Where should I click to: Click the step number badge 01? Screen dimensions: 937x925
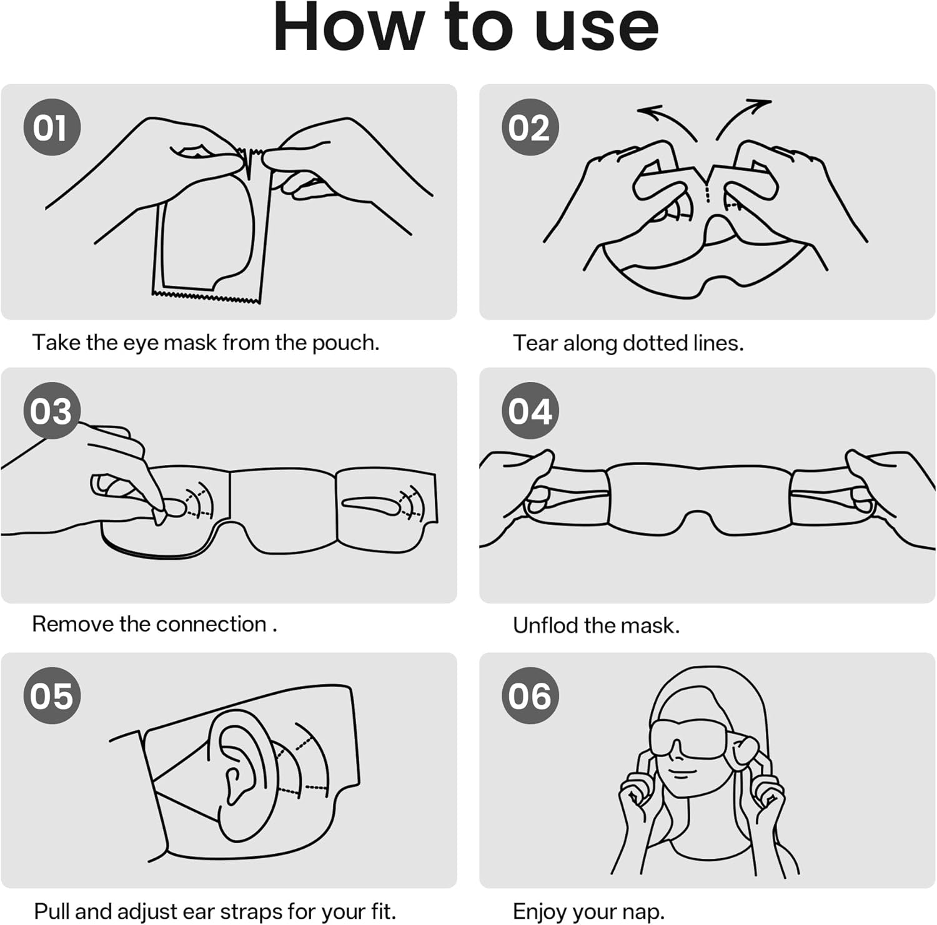click(x=52, y=127)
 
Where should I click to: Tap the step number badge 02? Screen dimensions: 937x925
click(x=530, y=127)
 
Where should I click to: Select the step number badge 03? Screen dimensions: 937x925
click(x=52, y=411)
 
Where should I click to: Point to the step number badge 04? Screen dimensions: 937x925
click(x=530, y=411)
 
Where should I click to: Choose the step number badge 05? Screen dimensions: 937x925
click(x=52, y=695)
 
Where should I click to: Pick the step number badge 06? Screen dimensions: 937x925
click(x=530, y=695)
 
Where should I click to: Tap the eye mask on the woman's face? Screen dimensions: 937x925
click(x=687, y=740)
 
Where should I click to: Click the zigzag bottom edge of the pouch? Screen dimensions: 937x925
click(x=206, y=297)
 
